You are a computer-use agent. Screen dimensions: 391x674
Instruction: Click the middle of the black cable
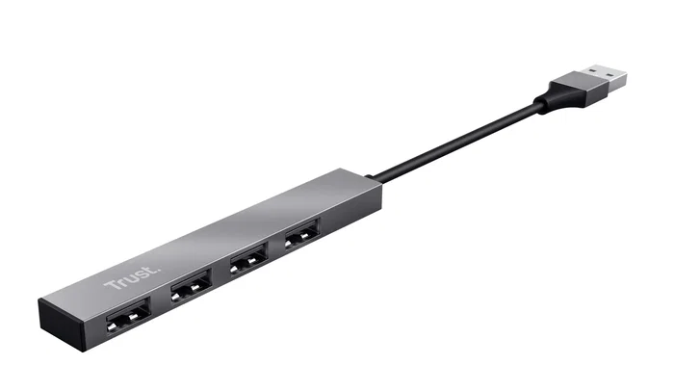[453, 144]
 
